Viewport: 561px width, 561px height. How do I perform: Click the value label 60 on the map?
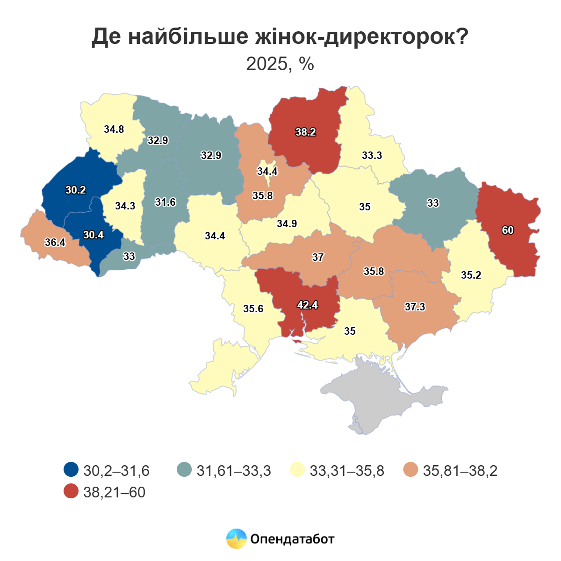[508, 230]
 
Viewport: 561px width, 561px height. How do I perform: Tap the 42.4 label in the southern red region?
[308, 305]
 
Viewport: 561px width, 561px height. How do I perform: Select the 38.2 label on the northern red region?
[306, 132]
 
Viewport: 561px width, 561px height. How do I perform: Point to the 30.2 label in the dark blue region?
[76, 190]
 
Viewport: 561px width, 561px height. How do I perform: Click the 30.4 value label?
[93, 235]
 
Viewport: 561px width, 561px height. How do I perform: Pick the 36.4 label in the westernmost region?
[55, 243]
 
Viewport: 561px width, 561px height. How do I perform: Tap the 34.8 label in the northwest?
[114, 129]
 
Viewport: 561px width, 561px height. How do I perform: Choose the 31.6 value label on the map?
[165, 202]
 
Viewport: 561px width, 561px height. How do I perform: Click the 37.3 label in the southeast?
[415, 307]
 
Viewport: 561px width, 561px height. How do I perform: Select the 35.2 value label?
[471, 275]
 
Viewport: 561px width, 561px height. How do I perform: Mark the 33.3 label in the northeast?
[372, 156]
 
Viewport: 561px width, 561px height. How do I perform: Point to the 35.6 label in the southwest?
[253, 309]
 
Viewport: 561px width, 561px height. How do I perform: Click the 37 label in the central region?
[318, 258]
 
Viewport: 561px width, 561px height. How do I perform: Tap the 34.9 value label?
[287, 224]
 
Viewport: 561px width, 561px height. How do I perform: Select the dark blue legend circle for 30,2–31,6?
[71, 470]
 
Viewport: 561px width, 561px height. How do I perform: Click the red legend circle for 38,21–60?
[71, 491]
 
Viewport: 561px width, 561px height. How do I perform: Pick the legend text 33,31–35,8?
[347, 470]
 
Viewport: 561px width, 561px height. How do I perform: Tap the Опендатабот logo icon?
[237, 539]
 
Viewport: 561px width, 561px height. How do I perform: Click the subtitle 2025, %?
[280, 64]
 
